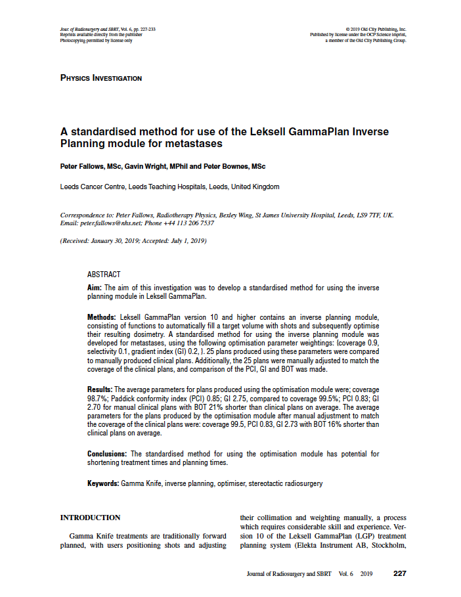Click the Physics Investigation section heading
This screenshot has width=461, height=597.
point(100,78)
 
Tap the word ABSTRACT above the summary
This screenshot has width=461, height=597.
point(104,275)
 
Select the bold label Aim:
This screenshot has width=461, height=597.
point(95,288)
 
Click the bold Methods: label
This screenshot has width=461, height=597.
point(102,317)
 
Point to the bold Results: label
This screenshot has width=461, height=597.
point(100,390)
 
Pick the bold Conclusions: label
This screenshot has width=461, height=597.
point(108,454)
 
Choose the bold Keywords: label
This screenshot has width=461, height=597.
point(103,483)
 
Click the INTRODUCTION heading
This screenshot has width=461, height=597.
point(90,518)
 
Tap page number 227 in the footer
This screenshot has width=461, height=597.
point(400,573)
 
